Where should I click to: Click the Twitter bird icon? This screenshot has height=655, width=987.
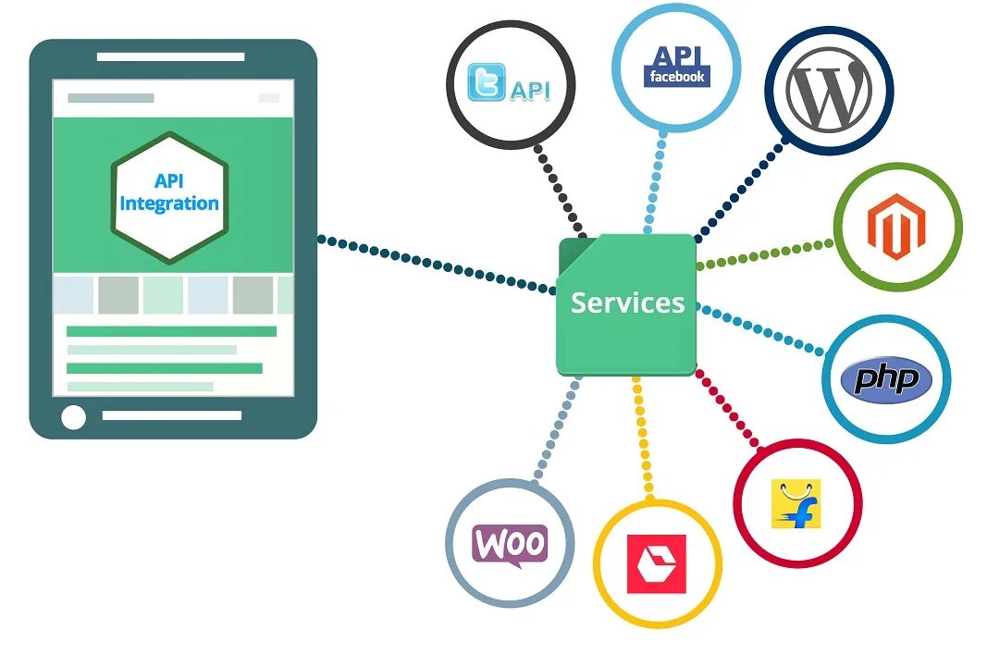(487, 82)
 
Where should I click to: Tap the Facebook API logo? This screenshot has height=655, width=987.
(676, 66)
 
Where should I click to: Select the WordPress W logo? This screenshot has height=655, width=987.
(828, 90)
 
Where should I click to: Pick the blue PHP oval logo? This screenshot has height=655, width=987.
(886, 379)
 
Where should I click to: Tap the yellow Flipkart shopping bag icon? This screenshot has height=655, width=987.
(796, 503)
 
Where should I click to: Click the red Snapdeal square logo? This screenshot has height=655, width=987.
(657, 563)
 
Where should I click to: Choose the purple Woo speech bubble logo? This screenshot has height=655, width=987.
(510, 544)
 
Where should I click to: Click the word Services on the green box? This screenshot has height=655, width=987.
(627, 303)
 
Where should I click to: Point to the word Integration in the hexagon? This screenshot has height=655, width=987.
(169, 204)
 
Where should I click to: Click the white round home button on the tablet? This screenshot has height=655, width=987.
(73, 417)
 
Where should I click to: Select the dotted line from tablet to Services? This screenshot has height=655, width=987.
(435, 265)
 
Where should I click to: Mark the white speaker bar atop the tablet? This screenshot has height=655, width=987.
(171, 56)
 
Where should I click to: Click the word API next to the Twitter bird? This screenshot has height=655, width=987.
(530, 90)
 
